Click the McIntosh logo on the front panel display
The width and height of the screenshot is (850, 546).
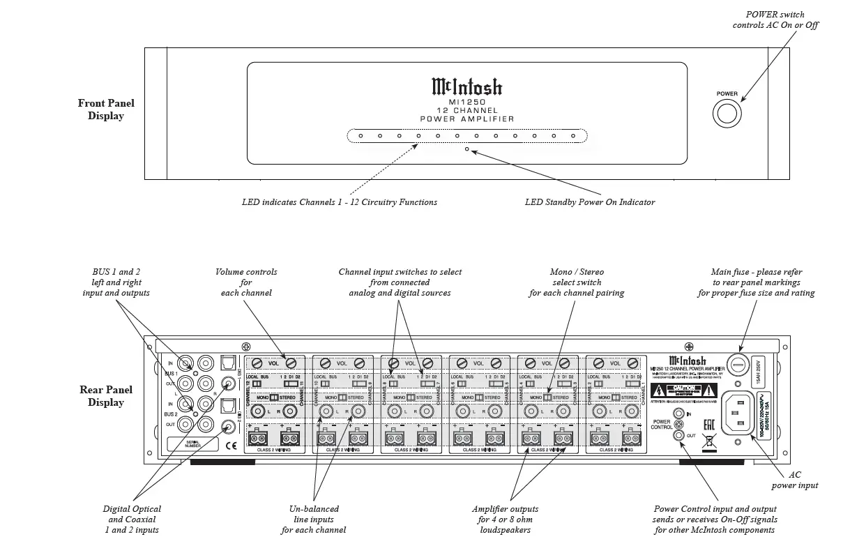pyautogui.click(x=466, y=86)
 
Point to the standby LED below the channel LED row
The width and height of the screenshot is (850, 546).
pyautogui.click(x=466, y=149)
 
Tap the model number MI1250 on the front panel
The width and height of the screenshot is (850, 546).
pyautogui.click(x=466, y=102)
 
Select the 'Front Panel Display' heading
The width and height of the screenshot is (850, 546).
pyautogui.click(x=106, y=109)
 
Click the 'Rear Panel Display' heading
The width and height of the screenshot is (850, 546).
pyautogui.click(x=106, y=396)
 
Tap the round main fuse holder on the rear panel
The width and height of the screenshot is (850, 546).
pyautogui.click(x=738, y=364)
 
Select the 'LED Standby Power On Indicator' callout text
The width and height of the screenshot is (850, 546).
pyautogui.click(x=590, y=202)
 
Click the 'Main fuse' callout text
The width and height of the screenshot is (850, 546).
pyautogui.click(x=756, y=282)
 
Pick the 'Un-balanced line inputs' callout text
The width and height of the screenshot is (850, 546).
pyautogui.click(x=313, y=519)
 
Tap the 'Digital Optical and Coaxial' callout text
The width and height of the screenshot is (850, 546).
pyautogui.click(x=132, y=519)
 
